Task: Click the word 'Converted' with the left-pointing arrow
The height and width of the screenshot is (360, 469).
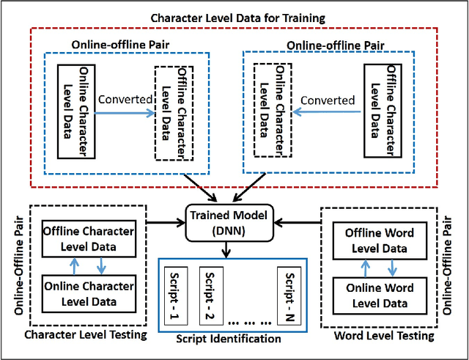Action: (328, 100)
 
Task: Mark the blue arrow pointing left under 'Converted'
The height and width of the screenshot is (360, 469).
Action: (328, 113)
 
